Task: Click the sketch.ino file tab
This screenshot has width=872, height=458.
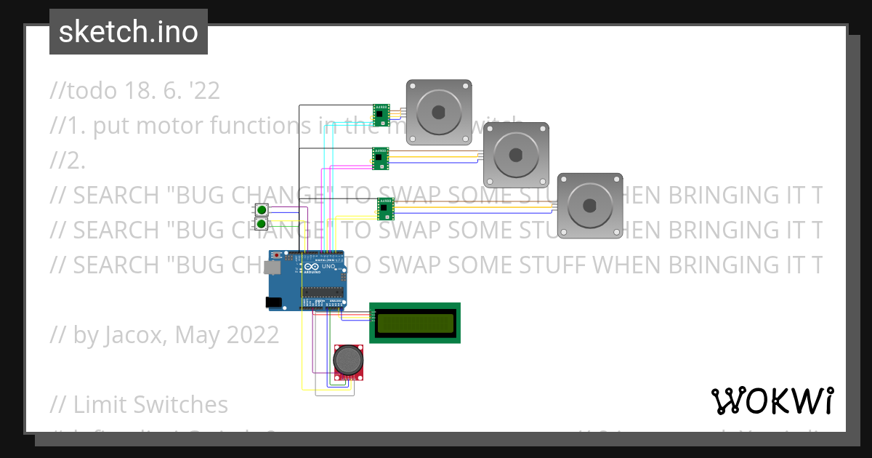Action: click(x=129, y=32)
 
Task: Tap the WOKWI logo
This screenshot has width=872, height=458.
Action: click(x=772, y=401)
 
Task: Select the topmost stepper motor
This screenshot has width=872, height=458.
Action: click(x=438, y=112)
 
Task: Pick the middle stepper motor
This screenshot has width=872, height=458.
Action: click(x=516, y=155)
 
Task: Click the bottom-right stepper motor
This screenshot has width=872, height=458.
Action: click(x=589, y=206)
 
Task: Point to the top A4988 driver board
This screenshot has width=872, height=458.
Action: click(x=381, y=114)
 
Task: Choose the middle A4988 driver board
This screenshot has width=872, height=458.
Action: click(x=381, y=158)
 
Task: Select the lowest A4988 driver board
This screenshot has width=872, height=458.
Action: click(x=385, y=209)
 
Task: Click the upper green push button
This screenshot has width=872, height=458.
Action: click(x=261, y=210)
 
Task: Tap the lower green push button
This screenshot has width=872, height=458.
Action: click(x=261, y=224)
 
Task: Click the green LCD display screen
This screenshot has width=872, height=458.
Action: click(x=414, y=322)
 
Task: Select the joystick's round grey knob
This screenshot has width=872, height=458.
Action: click(x=347, y=359)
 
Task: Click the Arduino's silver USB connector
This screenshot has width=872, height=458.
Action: click(x=272, y=268)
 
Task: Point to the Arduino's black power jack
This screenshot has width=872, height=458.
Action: click(x=274, y=302)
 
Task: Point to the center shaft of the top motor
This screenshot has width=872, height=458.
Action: click(x=438, y=112)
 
